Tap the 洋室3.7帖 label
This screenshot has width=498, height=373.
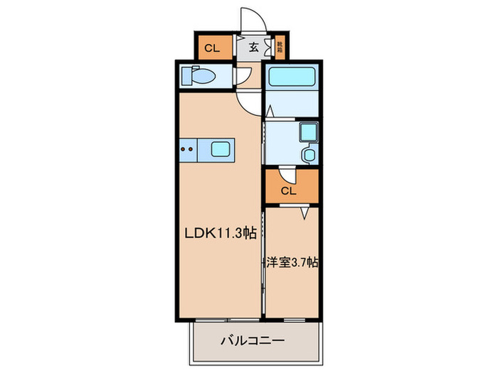point(292,262)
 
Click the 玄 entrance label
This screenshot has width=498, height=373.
point(253,48)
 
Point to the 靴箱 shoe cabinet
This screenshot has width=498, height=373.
point(280,48)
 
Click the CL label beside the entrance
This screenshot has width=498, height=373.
point(211,48)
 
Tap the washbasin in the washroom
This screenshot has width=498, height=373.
point(309,155)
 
